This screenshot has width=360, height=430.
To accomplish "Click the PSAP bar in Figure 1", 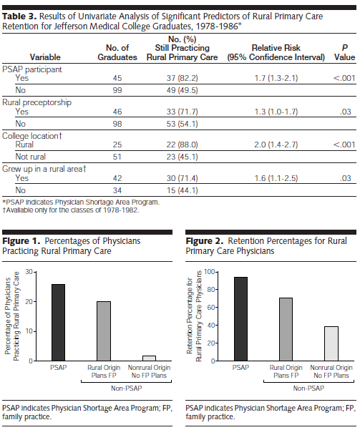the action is (x=59, y=323).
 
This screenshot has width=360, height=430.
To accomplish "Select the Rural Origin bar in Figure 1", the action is (x=104, y=331).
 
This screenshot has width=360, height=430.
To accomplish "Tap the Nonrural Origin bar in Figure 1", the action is (x=149, y=358).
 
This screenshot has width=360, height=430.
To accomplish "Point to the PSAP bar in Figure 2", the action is (x=240, y=319).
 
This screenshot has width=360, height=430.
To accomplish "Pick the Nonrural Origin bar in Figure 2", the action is (x=331, y=343).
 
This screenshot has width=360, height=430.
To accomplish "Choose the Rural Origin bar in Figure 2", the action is (x=286, y=329).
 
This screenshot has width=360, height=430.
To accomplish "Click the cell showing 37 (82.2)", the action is (x=182, y=78).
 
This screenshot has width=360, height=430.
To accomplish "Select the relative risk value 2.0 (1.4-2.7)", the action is (x=276, y=145).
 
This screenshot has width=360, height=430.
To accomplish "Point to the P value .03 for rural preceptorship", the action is (x=346, y=112).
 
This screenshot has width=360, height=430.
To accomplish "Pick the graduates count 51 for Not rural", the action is (x=117, y=157).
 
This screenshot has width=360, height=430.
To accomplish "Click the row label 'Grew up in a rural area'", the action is (x=44, y=169).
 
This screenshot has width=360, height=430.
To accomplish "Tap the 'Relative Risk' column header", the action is (x=276, y=48).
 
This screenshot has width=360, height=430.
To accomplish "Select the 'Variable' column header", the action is (x=45, y=57).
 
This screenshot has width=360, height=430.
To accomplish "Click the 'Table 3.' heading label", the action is (x=19, y=16).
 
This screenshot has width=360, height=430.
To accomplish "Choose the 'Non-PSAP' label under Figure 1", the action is (x=126, y=388).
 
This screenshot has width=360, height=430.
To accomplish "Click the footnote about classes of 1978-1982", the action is (x=71, y=210).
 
